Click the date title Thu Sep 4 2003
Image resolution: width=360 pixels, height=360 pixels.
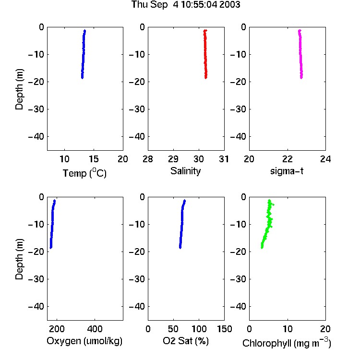(x=186, y=5)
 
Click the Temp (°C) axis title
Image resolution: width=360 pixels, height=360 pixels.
(x=84, y=173)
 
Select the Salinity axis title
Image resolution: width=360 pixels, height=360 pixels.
(x=185, y=171)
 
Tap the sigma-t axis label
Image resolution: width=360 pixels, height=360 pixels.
(x=287, y=171)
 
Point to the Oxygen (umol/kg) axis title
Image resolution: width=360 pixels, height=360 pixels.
(x=84, y=341)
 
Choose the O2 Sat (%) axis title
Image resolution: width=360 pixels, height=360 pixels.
(x=186, y=341)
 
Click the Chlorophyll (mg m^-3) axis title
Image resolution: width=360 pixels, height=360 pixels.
(x=287, y=343)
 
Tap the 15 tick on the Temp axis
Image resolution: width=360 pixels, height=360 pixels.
(x=94, y=159)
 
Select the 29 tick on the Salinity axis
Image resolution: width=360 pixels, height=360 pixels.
(x=173, y=159)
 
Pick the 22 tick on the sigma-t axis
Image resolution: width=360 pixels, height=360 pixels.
(x=288, y=159)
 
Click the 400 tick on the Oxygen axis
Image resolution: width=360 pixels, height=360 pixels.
(x=95, y=329)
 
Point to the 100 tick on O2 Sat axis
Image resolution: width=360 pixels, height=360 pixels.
(x=199, y=329)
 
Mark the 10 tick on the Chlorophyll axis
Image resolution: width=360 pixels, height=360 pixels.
(x=288, y=329)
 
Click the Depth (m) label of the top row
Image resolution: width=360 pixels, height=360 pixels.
(x=19, y=89)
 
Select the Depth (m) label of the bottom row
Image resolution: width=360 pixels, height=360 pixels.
(x=19, y=259)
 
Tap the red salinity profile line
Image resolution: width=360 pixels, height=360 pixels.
(x=205, y=54)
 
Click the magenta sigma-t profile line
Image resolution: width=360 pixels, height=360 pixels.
(x=300, y=54)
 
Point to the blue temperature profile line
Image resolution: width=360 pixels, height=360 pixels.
(x=84, y=54)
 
